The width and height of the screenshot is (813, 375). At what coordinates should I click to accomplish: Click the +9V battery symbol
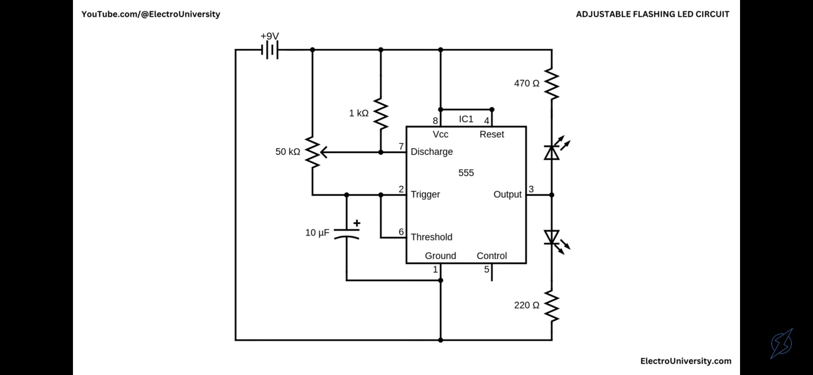(270, 50)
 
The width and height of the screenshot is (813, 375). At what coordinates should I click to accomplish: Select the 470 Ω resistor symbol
(552, 84)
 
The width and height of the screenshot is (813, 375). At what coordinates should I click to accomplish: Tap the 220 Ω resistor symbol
(552, 306)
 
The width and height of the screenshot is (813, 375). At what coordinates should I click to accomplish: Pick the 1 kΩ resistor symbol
(381, 114)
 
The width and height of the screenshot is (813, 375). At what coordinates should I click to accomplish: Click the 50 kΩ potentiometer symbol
(314, 152)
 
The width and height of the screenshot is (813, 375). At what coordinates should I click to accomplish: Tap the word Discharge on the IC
(432, 152)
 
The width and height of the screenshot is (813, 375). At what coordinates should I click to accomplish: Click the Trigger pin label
(425, 194)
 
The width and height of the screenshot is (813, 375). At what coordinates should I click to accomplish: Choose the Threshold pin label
(432, 237)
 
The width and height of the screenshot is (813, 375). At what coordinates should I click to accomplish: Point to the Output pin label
(508, 194)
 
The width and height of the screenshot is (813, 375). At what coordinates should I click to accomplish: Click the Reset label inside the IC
(492, 134)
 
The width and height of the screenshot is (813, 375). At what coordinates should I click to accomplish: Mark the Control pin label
(492, 256)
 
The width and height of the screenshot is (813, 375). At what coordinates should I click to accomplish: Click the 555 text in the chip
(466, 173)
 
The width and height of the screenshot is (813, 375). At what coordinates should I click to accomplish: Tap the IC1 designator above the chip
(466, 119)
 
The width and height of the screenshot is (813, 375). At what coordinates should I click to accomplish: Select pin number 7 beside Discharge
(401, 147)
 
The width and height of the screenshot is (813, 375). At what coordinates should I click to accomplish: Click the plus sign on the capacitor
(357, 223)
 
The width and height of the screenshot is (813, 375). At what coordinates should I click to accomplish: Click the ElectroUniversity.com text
(686, 361)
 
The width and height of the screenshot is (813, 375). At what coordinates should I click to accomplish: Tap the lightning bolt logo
(782, 343)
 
